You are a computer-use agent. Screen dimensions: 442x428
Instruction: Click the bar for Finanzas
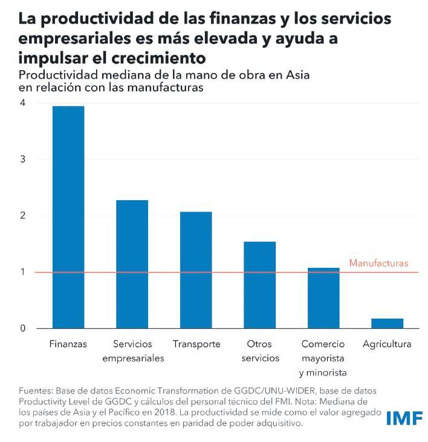point(68,217)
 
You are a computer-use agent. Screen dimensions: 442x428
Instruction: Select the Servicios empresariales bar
point(132,264)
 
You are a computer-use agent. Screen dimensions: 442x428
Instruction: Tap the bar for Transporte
point(196,270)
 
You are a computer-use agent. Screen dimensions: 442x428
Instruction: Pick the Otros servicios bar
point(259,285)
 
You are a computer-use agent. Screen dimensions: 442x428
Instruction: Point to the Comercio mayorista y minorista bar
point(323,298)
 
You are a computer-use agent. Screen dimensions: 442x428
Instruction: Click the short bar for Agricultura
point(387,323)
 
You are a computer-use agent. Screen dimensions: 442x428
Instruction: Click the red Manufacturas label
point(379,264)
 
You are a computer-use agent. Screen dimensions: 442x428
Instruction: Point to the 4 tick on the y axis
point(22,103)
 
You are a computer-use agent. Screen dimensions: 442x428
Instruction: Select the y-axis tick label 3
point(22,160)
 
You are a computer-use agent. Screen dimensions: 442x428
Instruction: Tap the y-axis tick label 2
point(22,216)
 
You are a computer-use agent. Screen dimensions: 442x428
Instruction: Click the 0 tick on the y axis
point(22,329)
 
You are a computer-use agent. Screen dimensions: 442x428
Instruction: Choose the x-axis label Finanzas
point(68,344)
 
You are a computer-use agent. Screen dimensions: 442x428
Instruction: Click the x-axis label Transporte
point(196,344)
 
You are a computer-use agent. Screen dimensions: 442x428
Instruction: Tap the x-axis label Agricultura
point(387,344)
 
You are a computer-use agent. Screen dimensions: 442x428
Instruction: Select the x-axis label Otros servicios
point(260,351)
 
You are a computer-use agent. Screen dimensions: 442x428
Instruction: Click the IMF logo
point(404,418)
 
